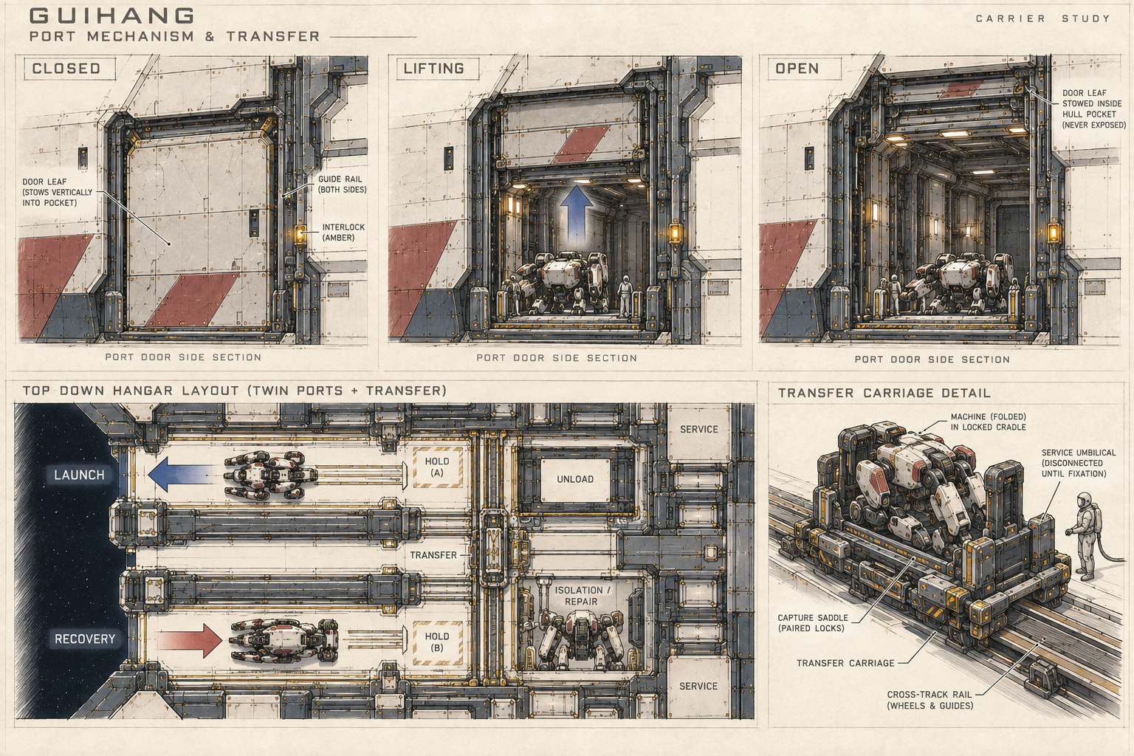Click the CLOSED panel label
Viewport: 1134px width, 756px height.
[x=66, y=69]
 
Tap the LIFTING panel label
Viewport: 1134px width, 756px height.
[x=434, y=69]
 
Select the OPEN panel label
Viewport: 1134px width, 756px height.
[x=797, y=69]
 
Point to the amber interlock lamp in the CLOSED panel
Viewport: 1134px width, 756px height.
[x=300, y=235]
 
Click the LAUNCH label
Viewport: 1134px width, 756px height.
[x=80, y=475]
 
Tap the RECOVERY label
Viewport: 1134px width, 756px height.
[x=85, y=639]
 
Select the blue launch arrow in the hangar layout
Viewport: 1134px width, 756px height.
[x=181, y=475]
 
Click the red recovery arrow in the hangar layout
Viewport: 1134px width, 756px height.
[x=189, y=641]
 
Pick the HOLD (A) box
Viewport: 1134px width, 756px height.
[x=437, y=467]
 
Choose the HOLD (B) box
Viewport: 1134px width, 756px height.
[x=437, y=642]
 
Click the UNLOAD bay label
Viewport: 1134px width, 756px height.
[x=575, y=479]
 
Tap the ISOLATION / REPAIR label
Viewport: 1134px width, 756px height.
[x=583, y=596]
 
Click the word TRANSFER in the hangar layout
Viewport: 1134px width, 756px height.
[x=433, y=555]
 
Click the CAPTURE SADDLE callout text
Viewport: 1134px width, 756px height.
[x=813, y=623]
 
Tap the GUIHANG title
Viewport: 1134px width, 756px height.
[x=112, y=16]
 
